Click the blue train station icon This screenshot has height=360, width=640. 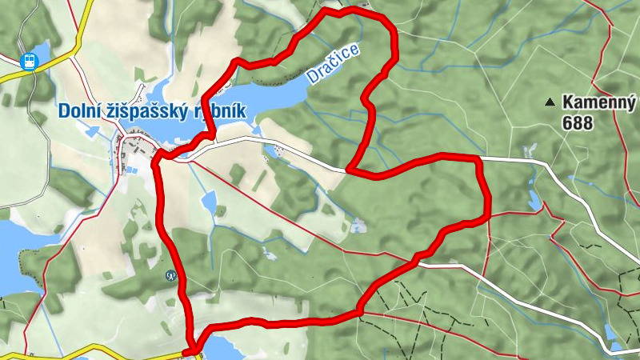click(x=29, y=61)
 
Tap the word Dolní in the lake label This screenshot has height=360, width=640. click(x=80, y=112)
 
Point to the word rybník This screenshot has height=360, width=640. click(x=217, y=112)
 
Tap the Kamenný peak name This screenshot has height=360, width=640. click(x=598, y=102)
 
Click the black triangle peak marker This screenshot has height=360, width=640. click(x=550, y=102)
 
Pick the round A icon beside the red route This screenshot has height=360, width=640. click(x=170, y=275)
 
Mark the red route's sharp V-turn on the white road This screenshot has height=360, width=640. click(x=350, y=169)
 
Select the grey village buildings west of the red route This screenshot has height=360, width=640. click(x=132, y=152)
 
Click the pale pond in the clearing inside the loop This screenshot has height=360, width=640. click(x=356, y=226)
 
